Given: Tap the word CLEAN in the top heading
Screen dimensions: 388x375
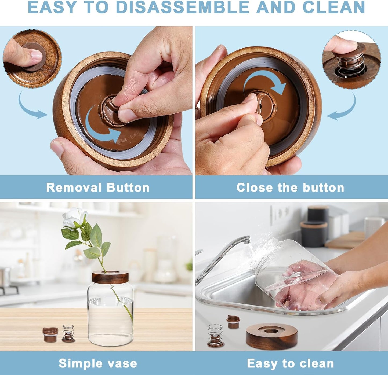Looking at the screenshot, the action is (333, 7).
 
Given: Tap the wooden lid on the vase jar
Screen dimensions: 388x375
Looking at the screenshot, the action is (110, 277).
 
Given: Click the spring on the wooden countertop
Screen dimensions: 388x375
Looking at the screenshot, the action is (68, 333).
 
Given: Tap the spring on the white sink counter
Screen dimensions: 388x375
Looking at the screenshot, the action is (215, 336).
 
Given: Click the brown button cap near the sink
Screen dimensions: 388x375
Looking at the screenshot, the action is (233, 322).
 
